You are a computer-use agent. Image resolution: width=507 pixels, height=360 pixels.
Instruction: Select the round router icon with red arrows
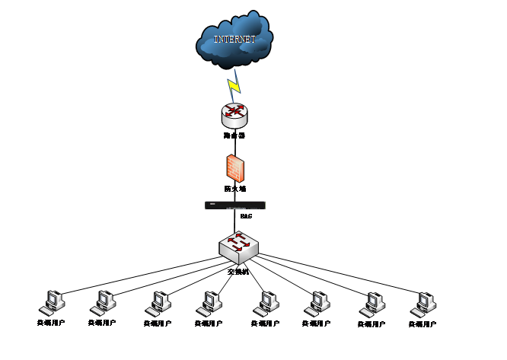[234, 114]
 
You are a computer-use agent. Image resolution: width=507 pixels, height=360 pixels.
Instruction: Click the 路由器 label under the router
[234, 136]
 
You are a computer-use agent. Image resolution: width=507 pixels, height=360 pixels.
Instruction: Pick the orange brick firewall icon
[234, 167]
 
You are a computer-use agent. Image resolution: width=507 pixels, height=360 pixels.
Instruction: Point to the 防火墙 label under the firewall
[234, 188]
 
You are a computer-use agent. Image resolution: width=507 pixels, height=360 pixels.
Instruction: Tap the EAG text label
[246, 216]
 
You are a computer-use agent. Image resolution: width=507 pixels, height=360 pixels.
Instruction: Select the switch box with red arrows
[238, 245]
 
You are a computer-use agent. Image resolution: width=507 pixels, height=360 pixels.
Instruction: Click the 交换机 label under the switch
[238, 270]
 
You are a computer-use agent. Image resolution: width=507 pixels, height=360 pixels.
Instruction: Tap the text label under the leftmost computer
[51, 323]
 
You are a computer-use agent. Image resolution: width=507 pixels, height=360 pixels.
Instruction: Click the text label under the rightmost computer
[422, 324]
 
